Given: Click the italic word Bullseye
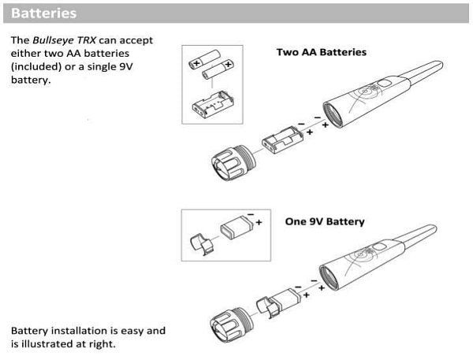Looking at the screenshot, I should [53, 40].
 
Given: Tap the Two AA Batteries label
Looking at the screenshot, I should [322, 52].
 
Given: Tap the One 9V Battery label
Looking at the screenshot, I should [325, 222].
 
